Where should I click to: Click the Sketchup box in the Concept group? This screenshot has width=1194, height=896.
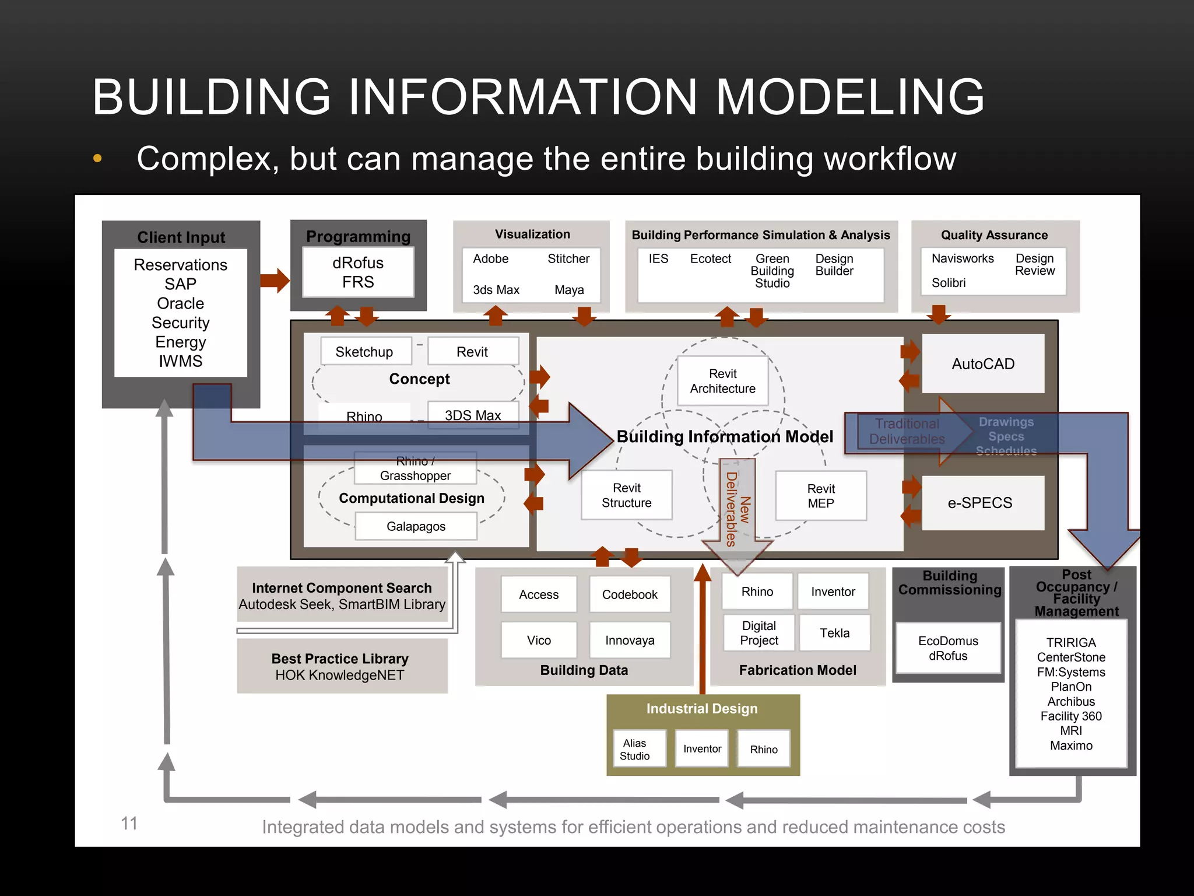tap(365, 352)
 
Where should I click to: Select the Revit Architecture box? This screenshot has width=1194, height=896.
tap(722, 381)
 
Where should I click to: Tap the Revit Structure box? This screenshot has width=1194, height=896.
tap(626, 495)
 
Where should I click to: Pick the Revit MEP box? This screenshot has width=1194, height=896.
tap(820, 496)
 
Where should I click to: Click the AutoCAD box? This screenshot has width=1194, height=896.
tap(983, 364)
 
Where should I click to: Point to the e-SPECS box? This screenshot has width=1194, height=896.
tap(979, 503)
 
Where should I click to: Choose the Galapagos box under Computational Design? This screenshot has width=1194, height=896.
tap(416, 526)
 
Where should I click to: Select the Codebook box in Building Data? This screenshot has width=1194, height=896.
tap(630, 594)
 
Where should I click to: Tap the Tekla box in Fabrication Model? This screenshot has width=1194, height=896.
tap(834, 633)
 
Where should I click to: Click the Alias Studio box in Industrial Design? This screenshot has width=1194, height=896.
tap(634, 750)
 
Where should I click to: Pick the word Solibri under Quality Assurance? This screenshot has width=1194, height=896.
tap(949, 283)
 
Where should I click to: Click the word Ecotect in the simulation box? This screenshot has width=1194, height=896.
tap(710, 259)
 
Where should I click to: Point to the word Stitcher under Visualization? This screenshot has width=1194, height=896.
tap(568, 259)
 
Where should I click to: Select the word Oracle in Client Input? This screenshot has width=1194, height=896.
tap(181, 303)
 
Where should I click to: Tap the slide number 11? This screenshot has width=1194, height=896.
tap(129, 823)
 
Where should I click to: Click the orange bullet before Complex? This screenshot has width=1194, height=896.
tap(97, 158)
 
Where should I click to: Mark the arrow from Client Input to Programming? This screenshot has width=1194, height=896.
tap(275, 281)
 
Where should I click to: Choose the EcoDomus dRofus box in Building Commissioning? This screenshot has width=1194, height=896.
tap(948, 648)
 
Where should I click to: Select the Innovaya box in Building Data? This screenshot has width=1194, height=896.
tap(630, 640)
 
